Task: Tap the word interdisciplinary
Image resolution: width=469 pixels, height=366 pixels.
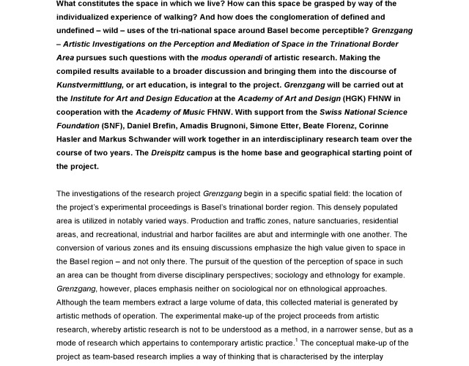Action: pos(280,139)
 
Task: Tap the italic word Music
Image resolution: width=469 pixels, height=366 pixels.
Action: pos(193,112)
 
